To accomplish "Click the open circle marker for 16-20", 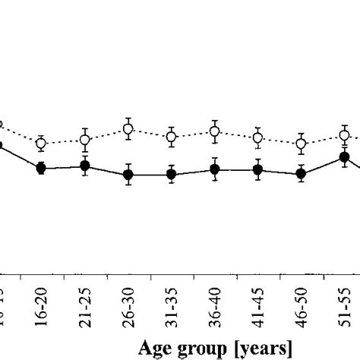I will [x=42, y=143].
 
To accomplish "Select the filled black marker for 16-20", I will [x=42, y=168].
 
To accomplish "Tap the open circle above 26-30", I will [x=128, y=129].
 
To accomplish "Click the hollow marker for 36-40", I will [x=215, y=131].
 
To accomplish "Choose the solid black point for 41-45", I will [x=258, y=170].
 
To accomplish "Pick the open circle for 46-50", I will [x=302, y=143].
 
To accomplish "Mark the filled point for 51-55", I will [x=344, y=158].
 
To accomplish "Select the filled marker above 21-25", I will [x=85, y=166].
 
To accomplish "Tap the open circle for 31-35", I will [x=172, y=137].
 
